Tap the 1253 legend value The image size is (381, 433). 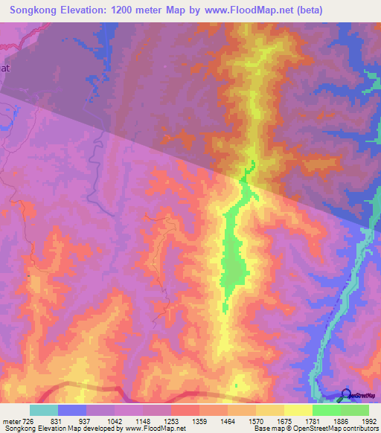[171, 420]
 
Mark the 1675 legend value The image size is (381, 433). [284, 420]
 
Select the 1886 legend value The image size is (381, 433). [341, 420]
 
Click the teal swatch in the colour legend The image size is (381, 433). [44, 410]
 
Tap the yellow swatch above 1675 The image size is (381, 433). [298, 410]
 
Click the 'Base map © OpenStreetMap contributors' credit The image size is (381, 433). [316, 429]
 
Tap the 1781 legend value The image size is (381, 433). [313, 420]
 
